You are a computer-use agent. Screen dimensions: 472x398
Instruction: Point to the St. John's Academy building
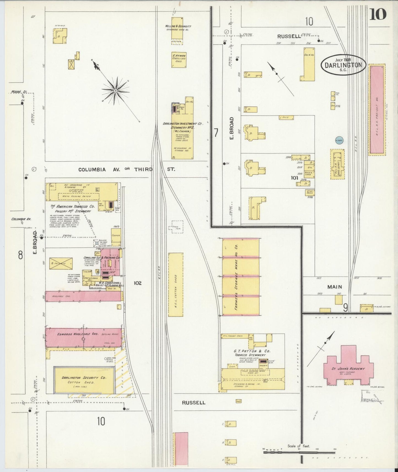pyautogui.click(x=348, y=368)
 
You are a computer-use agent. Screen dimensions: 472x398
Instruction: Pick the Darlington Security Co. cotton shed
pyautogui.click(x=84, y=380)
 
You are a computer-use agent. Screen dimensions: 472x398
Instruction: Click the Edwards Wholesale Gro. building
pyautogui.click(x=83, y=337)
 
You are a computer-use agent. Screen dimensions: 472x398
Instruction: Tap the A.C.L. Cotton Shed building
pyautogui.click(x=175, y=284)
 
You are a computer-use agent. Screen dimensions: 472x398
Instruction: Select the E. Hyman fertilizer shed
pyautogui.click(x=179, y=60)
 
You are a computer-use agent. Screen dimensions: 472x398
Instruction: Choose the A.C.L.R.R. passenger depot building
pyautogui.click(x=338, y=164)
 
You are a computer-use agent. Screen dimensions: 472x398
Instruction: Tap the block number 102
pyautogui.click(x=137, y=283)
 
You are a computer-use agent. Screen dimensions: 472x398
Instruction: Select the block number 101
pyautogui.click(x=294, y=178)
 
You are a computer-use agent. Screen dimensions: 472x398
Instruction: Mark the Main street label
pyautogui.click(x=335, y=287)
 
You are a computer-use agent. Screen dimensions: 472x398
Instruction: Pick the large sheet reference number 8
pyautogui.click(x=20, y=255)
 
